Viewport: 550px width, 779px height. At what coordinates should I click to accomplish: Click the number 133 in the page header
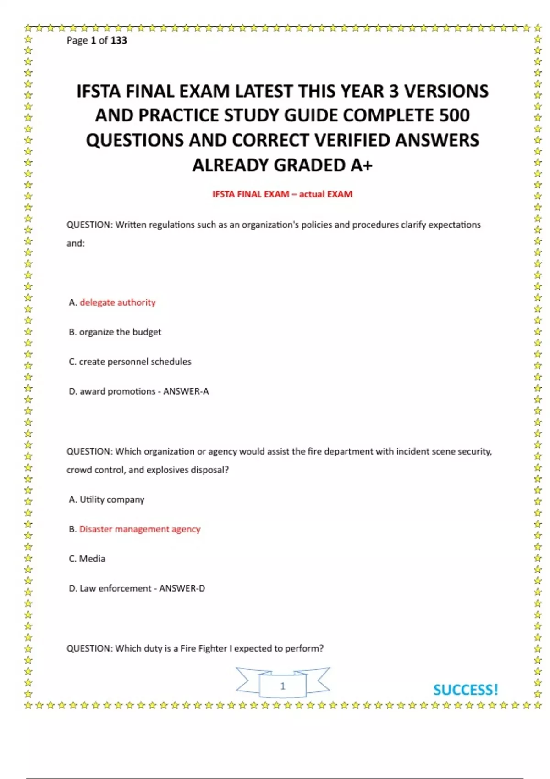click(x=119, y=40)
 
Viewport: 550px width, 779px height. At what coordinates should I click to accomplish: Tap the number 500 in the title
click(x=454, y=115)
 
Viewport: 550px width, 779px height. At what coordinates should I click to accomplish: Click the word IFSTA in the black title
click(x=98, y=91)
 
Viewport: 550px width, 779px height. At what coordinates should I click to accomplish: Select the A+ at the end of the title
click(x=362, y=165)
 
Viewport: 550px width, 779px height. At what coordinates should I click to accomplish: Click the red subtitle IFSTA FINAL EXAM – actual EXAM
click(x=282, y=194)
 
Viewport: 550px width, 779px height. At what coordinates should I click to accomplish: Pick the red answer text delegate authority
click(x=118, y=302)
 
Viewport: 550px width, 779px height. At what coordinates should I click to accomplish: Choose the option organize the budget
click(x=120, y=332)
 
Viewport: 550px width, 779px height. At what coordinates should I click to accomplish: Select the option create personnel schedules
click(x=135, y=362)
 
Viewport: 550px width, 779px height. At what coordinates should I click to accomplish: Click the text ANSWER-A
click(x=186, y=391)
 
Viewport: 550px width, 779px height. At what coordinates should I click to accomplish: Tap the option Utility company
click(x=112, y=499)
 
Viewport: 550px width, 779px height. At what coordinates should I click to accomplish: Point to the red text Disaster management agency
click(x=140, y=529)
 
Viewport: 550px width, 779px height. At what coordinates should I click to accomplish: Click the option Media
click(x=92, y=559)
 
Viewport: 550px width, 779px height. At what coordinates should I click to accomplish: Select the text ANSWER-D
click(x=182, y=588)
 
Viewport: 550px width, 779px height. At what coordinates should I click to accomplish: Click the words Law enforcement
click(x=115, y=588)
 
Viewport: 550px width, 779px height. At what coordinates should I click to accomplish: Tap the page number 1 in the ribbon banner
click(x=283, y=686)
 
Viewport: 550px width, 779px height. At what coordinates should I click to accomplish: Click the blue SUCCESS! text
click(x=465, y=690)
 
